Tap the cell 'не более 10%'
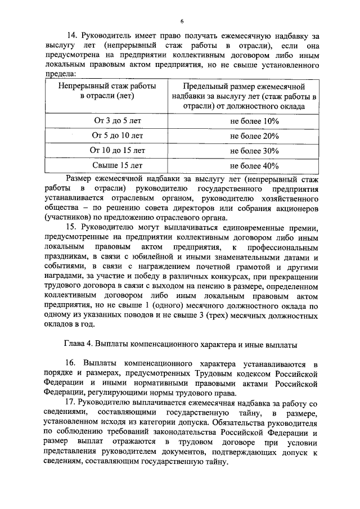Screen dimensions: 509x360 tap(254, 120)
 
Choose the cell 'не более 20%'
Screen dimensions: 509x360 tap(254, 136)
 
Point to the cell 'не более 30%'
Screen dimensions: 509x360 tap(254, 151)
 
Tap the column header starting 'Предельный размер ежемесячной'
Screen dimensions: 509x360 tap(254, 97)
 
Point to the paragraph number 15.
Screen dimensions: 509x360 tap(71, 227)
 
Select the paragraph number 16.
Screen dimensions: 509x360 tap(71, 363)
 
